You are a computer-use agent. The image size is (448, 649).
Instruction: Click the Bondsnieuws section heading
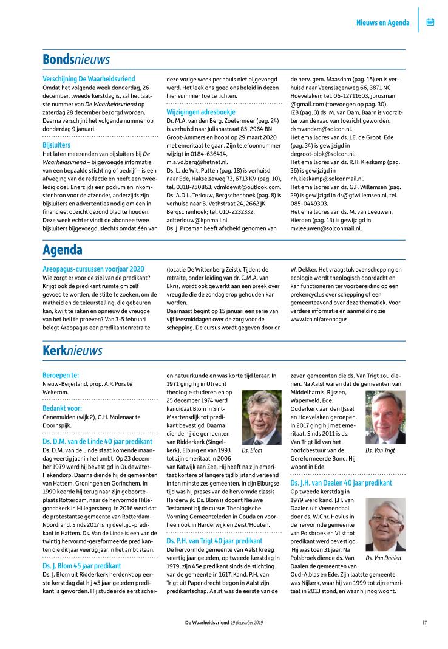[x=76, y=60]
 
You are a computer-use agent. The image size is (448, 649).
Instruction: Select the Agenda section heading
[x=62, y=250]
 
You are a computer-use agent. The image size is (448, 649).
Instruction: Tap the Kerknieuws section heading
[x=72, y=351]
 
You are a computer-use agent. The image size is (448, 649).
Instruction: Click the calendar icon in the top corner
[x=430, y=22]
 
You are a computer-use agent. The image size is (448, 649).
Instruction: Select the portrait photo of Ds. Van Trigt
[x=385, y=417]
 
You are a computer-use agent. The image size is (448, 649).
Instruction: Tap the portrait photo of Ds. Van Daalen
[x=385, y=525]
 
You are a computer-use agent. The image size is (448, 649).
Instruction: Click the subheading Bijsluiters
[x=56, y=146]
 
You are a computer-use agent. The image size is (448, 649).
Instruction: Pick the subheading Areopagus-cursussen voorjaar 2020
[x=93, y=269]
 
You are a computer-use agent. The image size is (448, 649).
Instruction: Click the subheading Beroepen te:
[x=61, y=376]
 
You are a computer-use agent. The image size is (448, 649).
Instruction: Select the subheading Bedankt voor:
[x=63, y=408]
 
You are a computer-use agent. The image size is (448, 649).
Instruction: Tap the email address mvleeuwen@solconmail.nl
[x=326, y=228]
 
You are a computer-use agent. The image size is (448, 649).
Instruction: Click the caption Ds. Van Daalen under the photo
[x=384, y=558]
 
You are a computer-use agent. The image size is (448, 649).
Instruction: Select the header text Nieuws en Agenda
[x=382, y=23]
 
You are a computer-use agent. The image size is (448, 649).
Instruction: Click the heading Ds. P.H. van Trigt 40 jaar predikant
[x=214, y=540]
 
